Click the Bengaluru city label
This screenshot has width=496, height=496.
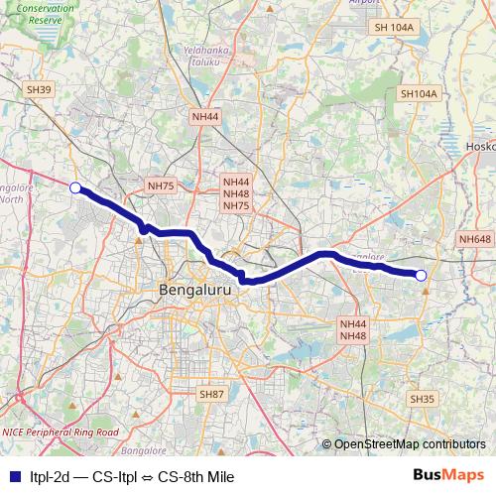click(194, 290)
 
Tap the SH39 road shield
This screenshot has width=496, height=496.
click(39, 89)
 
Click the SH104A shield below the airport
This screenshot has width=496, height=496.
click(418, 93)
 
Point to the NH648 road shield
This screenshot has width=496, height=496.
click(475, 239)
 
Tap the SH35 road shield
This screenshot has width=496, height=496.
click(423, 399)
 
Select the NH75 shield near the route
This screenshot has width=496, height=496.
click(160, 186)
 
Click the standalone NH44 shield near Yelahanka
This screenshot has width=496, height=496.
click(206, 116)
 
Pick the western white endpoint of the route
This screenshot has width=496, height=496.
click(74, 186)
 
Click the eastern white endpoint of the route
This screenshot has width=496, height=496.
click(421, 276)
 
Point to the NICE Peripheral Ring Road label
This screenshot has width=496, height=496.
click(60, 433)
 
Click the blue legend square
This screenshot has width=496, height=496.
click(14, 475)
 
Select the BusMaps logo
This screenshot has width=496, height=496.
click(447, 475)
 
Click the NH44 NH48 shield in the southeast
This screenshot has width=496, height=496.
click(353, 330)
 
